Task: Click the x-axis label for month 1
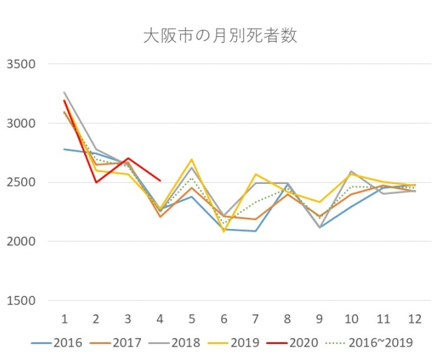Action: tap(64, 319)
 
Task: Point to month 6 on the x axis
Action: tap(224, 319)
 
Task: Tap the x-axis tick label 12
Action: tap(414, 319)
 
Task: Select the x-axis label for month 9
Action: tap(319, 319)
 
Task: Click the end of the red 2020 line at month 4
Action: tap(160, 181)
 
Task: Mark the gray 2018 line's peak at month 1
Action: tap(64, 93)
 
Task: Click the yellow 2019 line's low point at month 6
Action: tap(224, 232)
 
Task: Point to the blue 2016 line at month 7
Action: tap(255, 231)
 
